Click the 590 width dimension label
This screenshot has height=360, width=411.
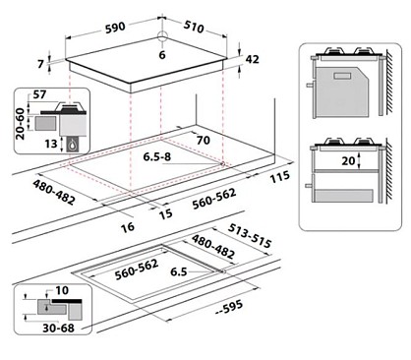point(115,28)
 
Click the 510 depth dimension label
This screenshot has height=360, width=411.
point(194,27)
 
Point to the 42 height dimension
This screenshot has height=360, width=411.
point(252,59)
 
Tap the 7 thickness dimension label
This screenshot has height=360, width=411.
point(40,64)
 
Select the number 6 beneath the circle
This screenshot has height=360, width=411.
point(162,55)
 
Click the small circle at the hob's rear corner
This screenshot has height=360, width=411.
point(162,35)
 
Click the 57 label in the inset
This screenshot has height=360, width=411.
point(39,94)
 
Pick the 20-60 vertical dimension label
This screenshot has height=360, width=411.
point(21,124)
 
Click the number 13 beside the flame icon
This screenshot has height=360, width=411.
point(51,144)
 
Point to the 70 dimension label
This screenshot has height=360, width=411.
point(204,141)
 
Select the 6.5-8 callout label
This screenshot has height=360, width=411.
point(157,156)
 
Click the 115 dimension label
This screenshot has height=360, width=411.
point(280,177)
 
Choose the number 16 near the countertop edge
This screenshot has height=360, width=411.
point(128,227)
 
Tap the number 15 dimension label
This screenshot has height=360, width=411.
point(165,213)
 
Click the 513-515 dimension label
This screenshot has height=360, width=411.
point(250,236)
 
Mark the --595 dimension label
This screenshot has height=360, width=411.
point(229,307)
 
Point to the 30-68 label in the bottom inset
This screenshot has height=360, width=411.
point(59,328)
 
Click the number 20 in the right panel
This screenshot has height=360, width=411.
point(348,161)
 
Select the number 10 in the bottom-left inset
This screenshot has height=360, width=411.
point(62,290)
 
